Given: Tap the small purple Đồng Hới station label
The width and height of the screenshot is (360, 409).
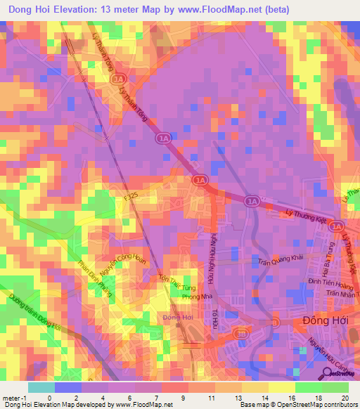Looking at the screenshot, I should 178,318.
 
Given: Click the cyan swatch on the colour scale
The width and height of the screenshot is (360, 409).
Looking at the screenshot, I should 41,387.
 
